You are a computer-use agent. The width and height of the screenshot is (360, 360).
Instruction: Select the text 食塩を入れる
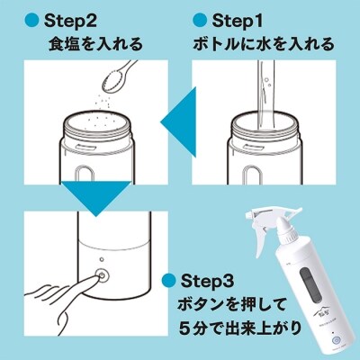tap(94, 43)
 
